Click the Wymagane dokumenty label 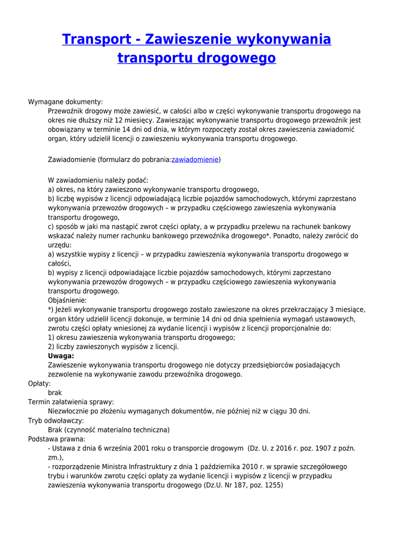(65, 102)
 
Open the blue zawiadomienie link (195, 159)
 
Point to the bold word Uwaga (61, 356)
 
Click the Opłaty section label (39, 383)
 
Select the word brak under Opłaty (55, 393)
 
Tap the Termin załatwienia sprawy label (71, 402)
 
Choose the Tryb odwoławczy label (56, 420)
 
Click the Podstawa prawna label (57, 439)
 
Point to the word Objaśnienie (67, 300)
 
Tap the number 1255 (270, 485)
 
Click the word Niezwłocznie (69, 411)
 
